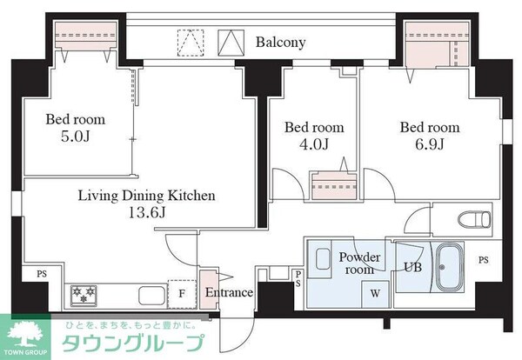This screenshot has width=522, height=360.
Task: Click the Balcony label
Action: pyautogui.click(x=280, y=42)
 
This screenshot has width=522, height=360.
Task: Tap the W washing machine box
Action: pyautogui.click(x=374, y=293)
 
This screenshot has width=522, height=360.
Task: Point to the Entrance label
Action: pyautogui.click(x=229, y=293)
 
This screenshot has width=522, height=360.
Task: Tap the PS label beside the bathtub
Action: pyautogui.click(x=484, y=258)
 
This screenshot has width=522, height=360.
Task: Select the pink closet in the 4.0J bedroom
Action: pyautogui.click(x=328, y=187)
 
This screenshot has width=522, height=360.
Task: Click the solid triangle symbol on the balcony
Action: pyautogui.click(x=229, y=42)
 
